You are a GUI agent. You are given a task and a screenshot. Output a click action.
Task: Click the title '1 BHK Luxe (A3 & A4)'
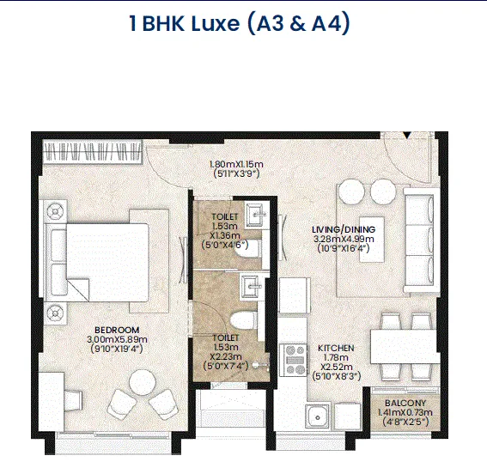click(x=240, y=23)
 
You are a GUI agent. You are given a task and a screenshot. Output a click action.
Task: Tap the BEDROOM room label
click(x=117, y=330)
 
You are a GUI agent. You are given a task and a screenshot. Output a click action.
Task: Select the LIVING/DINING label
click(x=344, y=229)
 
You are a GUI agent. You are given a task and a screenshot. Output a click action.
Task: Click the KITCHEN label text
click(x=336, y=349)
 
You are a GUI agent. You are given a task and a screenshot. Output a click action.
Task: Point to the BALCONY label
click(x=405, y=404)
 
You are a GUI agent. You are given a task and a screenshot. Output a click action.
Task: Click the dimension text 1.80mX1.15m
click(x=236, y=164)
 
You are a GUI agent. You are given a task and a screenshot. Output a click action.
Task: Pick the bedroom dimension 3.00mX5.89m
click(x=117, y=339)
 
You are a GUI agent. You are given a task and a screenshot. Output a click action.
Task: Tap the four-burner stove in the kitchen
click(x=294, y=360)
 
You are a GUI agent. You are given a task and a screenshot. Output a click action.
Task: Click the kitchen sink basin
click(x=317, y=416)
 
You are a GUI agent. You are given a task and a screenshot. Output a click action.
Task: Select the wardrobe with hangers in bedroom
click(x=92, y=152)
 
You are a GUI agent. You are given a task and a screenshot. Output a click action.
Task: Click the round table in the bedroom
click(x=143, y=383)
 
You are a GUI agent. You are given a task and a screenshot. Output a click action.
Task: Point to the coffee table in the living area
click(x=372, y=240)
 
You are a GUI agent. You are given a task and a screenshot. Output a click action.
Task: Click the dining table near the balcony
click(x=404, y=346)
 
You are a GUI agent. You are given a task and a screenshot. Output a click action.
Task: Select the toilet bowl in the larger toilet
click(x=245, y=320)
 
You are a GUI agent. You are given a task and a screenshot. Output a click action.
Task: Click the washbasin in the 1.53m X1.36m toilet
click(x=255, y=214)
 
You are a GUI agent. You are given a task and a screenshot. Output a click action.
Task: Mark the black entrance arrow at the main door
click(x=407, y=135)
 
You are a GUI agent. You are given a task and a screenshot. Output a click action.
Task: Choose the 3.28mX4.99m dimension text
click(x=344, y=239)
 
